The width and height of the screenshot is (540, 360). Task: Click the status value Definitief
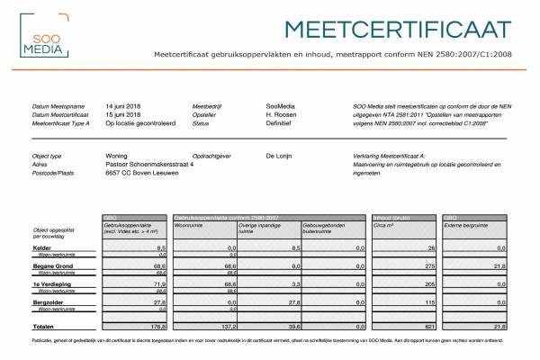tap(280, 124)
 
